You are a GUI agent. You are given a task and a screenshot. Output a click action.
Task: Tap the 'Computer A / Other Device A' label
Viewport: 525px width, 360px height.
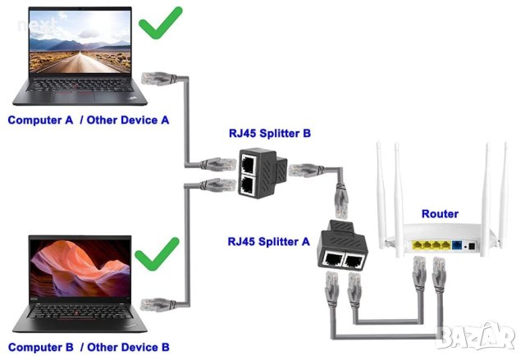(89, 120)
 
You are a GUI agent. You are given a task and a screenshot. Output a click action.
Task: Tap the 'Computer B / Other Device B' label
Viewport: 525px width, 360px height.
(89, 347)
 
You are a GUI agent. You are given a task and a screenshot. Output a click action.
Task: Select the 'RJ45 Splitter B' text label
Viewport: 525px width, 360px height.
(270, 133)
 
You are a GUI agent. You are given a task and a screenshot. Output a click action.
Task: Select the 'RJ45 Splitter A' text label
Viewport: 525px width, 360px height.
(269, 241)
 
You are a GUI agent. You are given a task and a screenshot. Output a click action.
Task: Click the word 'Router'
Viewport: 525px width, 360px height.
(440, 214)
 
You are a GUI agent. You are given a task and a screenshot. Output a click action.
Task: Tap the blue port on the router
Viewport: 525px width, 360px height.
(457, 245)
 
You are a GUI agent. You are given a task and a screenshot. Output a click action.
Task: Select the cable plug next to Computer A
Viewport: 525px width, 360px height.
(155, 79)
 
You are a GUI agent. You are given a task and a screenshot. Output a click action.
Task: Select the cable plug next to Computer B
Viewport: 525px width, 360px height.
(157, 303)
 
